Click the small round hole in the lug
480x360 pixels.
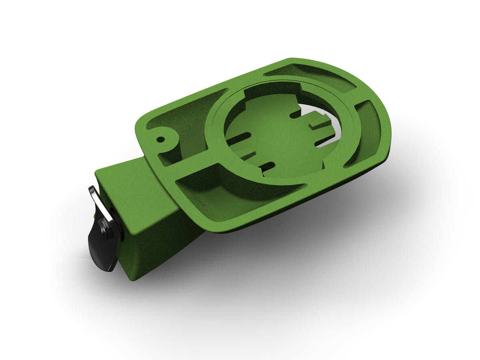[x=160, y=140]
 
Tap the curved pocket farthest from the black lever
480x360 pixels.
[x=366, y=132]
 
